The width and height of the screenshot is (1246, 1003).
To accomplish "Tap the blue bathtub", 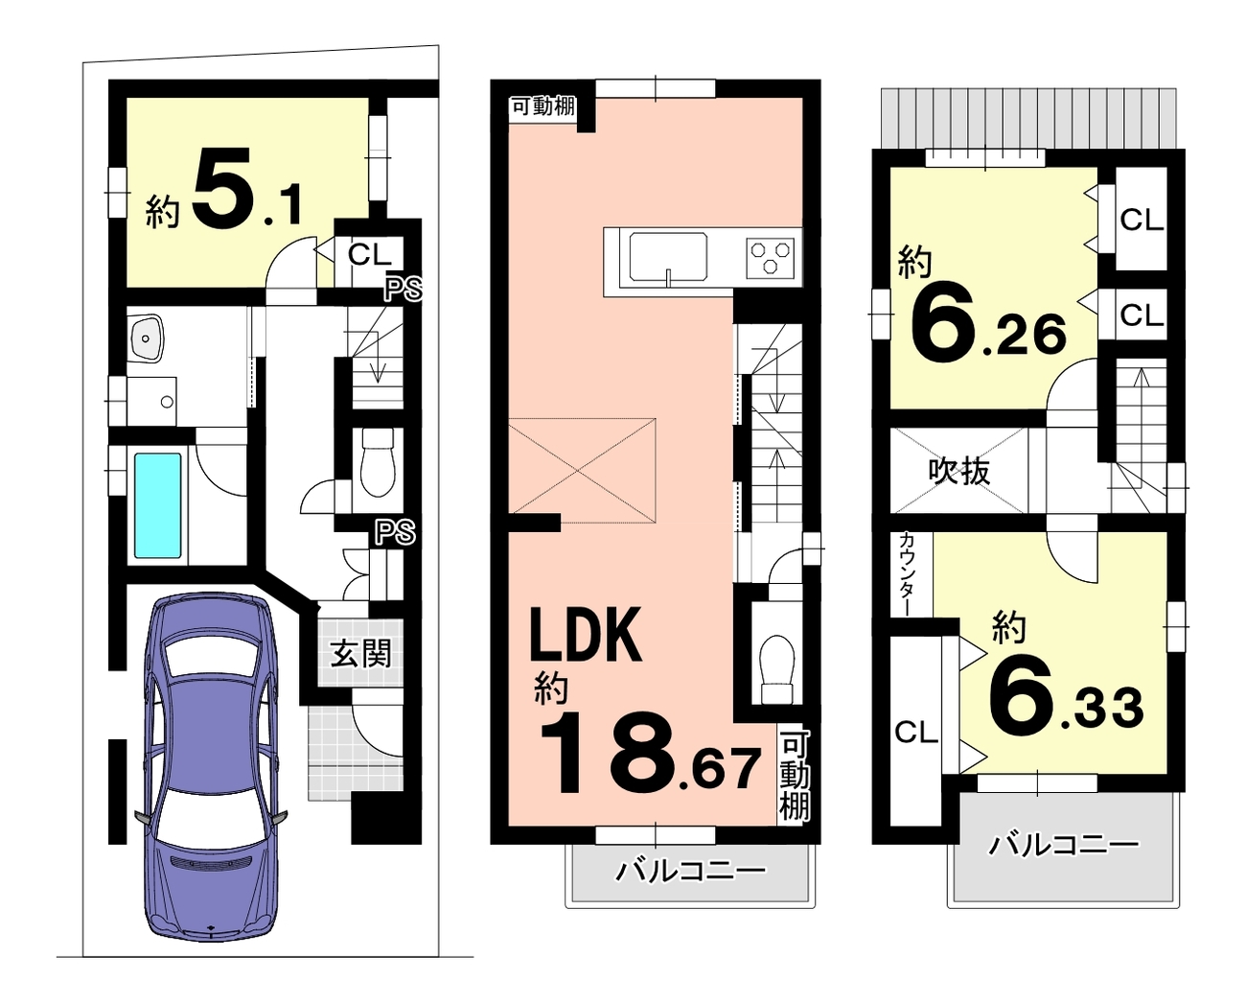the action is coord(157,505).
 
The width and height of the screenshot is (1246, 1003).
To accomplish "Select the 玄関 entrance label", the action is coord(360,653).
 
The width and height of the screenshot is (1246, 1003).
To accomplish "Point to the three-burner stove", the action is coord(770,259).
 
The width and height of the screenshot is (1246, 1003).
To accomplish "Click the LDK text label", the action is coord(586,635).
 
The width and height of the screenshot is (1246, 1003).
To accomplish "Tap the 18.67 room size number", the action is coord(650,752).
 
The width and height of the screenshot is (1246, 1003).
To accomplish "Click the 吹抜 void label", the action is coord(959,472).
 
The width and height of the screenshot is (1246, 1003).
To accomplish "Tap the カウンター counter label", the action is coord(908,574).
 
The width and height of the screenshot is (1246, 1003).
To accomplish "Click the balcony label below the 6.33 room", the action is coord(1063,846).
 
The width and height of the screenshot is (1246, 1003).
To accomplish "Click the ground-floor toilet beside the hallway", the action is coord(378,462).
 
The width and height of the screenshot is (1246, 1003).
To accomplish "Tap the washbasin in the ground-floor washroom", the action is coord(149,339).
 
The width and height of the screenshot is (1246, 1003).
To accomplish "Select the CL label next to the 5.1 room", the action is coord(368,254).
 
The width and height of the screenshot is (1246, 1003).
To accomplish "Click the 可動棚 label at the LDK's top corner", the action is coord(543,106).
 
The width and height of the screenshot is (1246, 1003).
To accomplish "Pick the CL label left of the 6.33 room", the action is coord(916,733).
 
